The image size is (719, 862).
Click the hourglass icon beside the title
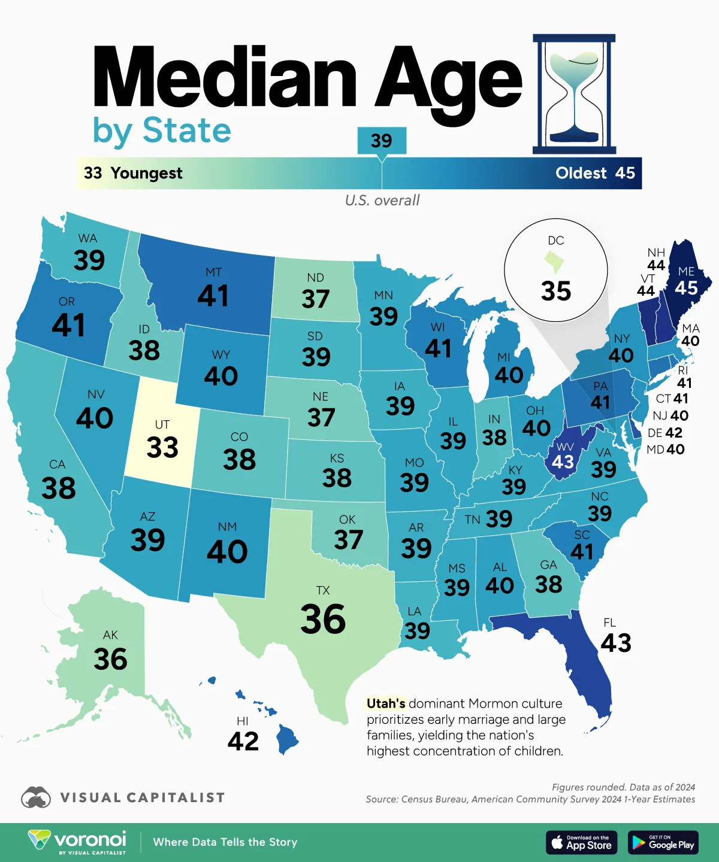[574, 94]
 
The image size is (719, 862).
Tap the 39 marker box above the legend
[382, 141]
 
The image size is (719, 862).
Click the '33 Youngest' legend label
[133, 173]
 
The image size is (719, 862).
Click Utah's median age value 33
[162, 447]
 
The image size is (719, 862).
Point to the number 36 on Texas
[323, 619]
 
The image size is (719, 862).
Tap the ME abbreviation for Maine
[686, 271]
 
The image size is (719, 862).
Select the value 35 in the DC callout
[556, 292]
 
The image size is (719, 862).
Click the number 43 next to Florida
[616, 643]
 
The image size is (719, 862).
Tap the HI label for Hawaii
[242, 721]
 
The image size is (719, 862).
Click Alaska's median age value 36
[110, 659]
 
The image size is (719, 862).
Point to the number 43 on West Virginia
[563, 462]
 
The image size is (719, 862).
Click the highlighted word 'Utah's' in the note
[386, 703]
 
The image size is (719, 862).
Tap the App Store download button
[582, 842]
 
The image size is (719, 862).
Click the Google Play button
[663, 842]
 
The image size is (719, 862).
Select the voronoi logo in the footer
[77, 841]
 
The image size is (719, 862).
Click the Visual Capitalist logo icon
[36, 798]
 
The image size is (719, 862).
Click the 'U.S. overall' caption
[382, 200]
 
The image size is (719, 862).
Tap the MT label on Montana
[213, 272]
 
